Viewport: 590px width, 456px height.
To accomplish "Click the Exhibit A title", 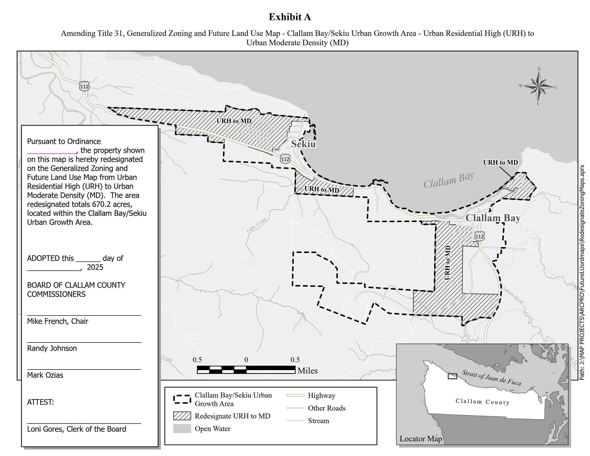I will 290,17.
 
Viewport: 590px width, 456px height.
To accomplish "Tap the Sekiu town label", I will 303,144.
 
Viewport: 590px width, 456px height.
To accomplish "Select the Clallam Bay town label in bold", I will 493,218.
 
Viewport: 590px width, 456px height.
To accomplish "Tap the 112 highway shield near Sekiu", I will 285,159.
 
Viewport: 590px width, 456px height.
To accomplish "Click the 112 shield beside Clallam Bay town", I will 479,237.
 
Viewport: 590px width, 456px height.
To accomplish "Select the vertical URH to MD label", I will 447,263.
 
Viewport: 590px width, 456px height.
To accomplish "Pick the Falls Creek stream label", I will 256,225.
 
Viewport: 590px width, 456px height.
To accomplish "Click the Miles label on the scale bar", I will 307,371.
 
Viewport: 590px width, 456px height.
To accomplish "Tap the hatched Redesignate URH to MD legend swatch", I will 182,416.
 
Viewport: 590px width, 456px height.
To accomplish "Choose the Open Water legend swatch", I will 182,429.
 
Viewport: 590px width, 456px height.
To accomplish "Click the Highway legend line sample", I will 295,395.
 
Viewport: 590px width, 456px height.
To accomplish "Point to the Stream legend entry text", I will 319,421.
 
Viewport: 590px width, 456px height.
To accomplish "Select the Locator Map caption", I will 421,439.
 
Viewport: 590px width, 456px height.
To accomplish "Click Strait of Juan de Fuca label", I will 491,377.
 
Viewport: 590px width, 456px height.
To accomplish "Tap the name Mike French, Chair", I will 58,321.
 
